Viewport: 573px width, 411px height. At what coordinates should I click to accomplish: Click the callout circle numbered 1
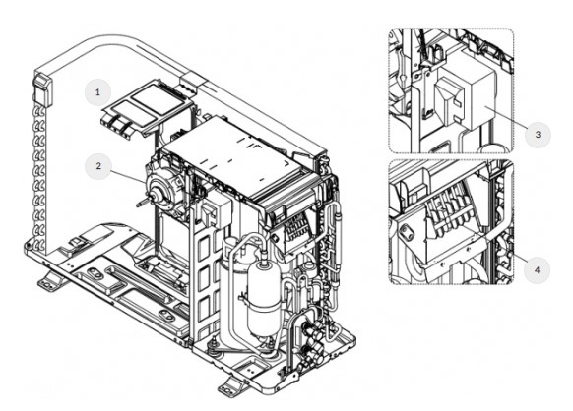pyautogui.click(x=97, y=92)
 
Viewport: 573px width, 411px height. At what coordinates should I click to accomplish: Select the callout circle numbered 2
pyautogui.click(x=97, y=166)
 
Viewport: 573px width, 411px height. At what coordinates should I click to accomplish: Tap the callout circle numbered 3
pyautogui.click(x=538, y=135)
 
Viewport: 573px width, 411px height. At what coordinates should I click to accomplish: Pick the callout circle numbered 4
pyautogui.click(x=537, y=270)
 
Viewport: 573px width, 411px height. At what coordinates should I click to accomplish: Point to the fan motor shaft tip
pyautogui.click(x=139, y=205)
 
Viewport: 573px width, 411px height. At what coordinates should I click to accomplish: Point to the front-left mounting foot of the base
pyautogui.click(x=50, y=282)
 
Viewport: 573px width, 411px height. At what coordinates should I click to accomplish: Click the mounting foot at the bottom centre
pyautogui.click(x=233, y=386)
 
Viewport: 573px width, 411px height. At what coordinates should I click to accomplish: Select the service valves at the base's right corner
pyautogui.click(x=311, y=336)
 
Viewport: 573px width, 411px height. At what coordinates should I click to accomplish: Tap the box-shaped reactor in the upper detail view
pyautogui.click(x=464, y=97)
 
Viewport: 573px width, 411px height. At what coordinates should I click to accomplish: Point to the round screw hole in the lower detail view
pyautogui.click(x=406, y=232)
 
